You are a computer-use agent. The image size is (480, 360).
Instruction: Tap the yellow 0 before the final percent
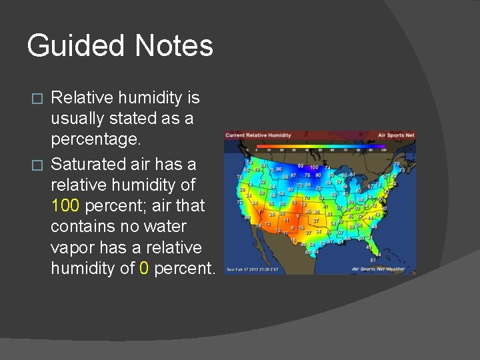[x=145, y=269]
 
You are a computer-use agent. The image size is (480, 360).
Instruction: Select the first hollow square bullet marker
[x=38, y=99]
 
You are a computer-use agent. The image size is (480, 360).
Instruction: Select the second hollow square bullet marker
[x=38, y=163]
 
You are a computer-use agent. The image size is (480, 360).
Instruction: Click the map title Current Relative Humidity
[x=259, y=135]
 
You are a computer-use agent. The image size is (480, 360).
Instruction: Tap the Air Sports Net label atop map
[x=396, y=135]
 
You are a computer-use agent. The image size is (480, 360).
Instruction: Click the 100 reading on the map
[x=313, y=167]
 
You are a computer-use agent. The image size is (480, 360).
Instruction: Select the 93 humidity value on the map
[x=301, y=165]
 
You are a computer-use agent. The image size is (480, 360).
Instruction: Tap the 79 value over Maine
[x=397, y=163]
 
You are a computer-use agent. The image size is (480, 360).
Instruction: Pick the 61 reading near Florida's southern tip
[x=373, y=260]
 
